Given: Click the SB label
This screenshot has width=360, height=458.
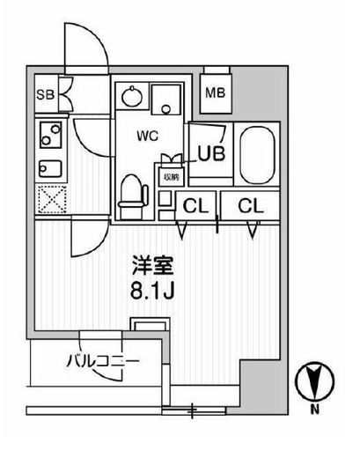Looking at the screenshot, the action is pyautogui.click(x=46, y=95).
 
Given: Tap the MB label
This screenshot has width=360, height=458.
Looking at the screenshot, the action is pyautogui.click(x=216, y=92).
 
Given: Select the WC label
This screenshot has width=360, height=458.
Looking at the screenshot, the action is pyautogui.click(x=148, y=136).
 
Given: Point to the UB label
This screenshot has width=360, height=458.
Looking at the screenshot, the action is pyautogui.click(x=211, y=153).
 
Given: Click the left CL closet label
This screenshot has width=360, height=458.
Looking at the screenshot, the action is pyautogui.click(x=195, y=206).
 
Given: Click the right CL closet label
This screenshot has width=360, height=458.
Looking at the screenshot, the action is pyautogui.click(x=251, y=206).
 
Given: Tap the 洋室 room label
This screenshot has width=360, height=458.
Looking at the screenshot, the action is pyautogui.click(x=153, y=266).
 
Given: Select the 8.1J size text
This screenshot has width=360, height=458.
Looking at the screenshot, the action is pyautogui.click(x=152, y=291).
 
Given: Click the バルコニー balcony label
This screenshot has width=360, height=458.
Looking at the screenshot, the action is pyautogui.click(x=103, y=361).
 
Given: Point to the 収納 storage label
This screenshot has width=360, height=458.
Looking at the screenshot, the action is pyautogui.click(x=172, y=177).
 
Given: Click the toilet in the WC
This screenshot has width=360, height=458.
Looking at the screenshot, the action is pyautogui.click(x=133, y=196).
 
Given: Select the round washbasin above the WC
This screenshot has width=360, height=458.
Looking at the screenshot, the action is pyautogui.click(x=132, y=96).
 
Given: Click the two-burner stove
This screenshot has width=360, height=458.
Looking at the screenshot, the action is pyautogui.click(x=51, y=135).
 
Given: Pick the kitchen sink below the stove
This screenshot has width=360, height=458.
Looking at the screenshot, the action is pyautogui.click(x=50, y=168).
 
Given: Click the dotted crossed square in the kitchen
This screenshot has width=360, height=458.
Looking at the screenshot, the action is pyautogui.click(x=52, y=199).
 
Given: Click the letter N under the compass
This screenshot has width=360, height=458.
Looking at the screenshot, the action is pyautogui.click(x=315, y=410).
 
